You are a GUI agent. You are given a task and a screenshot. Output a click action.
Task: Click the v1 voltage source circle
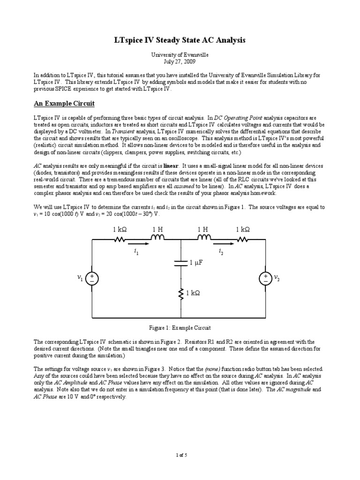(x=92, y=279)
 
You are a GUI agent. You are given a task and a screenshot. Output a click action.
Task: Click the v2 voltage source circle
(x=266, y=279)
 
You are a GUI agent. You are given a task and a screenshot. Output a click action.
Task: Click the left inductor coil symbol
(x=158, y=238)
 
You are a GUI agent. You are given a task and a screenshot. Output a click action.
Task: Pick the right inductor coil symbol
(x=205, y=238)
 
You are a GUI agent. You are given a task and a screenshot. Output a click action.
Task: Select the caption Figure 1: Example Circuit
(x=180, y=328)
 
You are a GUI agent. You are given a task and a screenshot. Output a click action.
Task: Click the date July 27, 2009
(x=180, y=61)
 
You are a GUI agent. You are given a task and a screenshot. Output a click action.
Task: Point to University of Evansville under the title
(x=180, y=55)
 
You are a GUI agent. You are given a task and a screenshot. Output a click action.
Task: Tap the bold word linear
(x=172, y=166)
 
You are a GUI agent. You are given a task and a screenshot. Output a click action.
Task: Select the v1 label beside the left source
(x=80, y=279)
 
